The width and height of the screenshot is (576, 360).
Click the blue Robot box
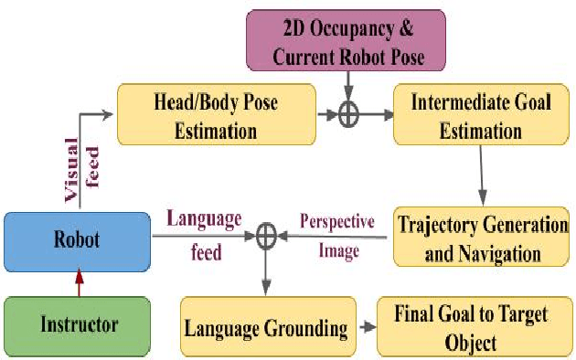click(76, 242)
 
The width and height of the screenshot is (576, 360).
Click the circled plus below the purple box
click(347, 116)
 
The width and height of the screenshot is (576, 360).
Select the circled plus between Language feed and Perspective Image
click(265, 237)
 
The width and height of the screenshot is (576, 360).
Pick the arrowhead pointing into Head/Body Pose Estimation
click(109, 115)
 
